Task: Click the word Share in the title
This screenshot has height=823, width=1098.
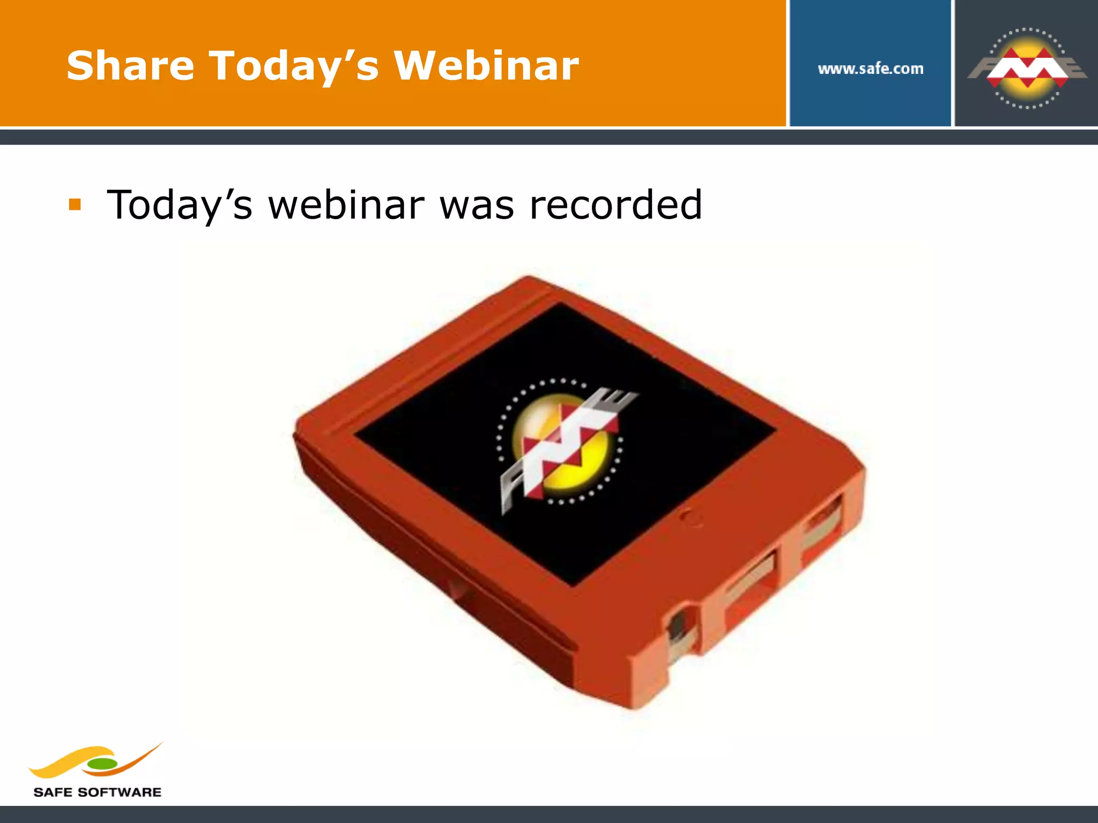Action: [130, 65]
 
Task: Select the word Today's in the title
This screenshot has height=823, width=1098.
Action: [294, 66]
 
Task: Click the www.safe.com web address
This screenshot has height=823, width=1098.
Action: [870, 69]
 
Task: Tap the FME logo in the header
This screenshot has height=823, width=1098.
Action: [1027, 69]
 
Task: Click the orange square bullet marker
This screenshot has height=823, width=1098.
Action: [75, 205]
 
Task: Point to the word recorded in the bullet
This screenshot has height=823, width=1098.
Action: [615, 205]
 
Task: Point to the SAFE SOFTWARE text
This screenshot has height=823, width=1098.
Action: [97, 792]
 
